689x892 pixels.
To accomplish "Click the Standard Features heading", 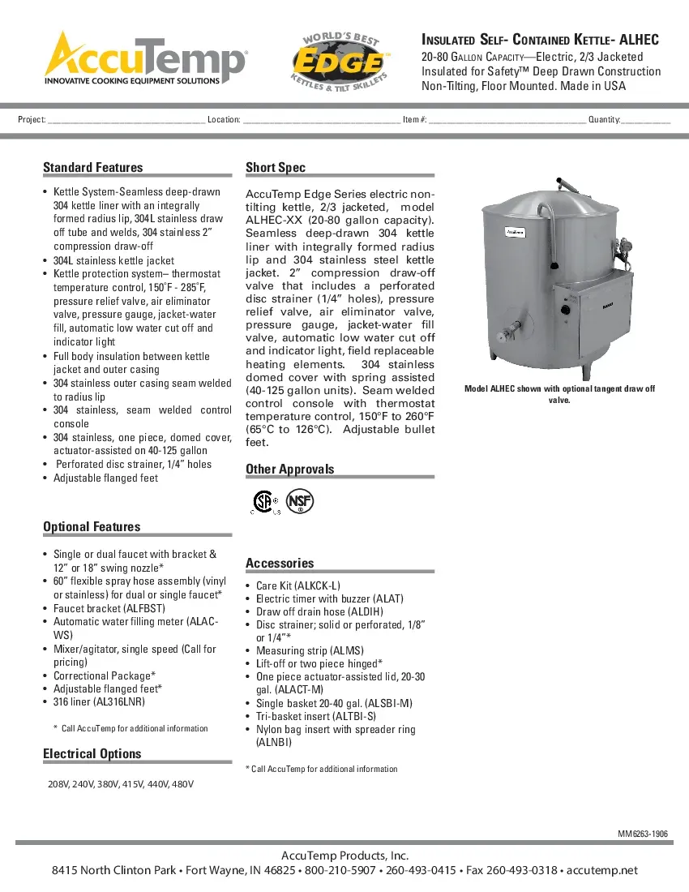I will pos(92,168).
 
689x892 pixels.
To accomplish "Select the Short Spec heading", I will pos(276,168).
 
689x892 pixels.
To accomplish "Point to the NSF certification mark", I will pos(300,502).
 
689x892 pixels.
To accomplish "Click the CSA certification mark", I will pos(263,502).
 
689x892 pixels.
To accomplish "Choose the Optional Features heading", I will pos(92,527).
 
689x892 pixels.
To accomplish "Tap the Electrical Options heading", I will pos(92,754).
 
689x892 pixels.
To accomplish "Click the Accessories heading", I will pos(279,564).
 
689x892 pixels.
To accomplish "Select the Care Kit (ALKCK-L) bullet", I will pos(297,585).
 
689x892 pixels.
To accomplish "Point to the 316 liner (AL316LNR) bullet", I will pos(99,701).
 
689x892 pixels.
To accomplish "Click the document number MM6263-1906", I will pos(643,834).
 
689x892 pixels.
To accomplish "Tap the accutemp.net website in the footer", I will pos(602,871).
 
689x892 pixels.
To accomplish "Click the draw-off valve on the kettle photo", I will pos(508,332).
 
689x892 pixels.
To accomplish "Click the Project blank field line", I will pos(126,121).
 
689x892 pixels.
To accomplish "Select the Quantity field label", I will pos(604,120).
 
